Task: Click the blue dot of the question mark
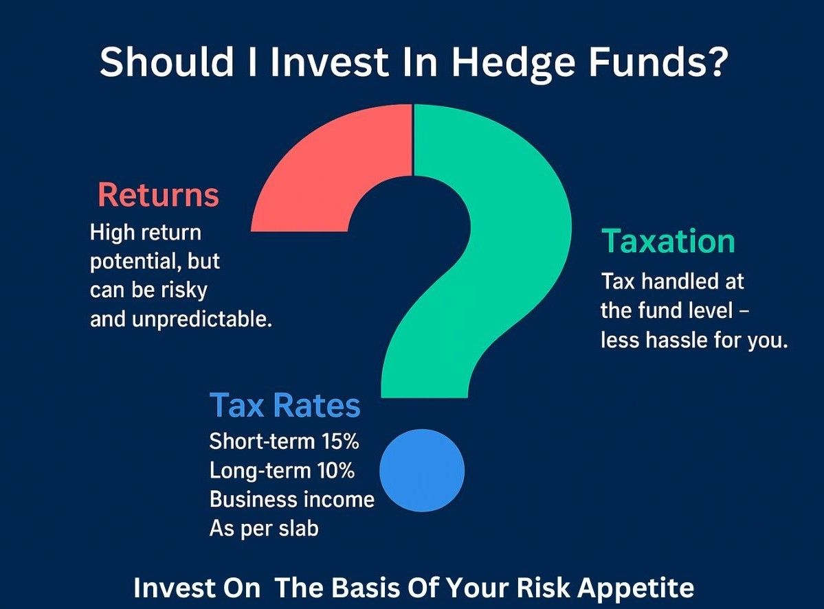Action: pos(422,470)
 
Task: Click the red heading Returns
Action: pos(158,195)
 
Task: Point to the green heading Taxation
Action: pos(668,242)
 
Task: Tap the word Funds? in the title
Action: pos(658,61)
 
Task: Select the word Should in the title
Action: pos(166,61)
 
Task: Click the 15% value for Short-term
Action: pos(340,441)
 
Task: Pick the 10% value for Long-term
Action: pos(335,470)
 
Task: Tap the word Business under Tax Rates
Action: pos(247,499)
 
